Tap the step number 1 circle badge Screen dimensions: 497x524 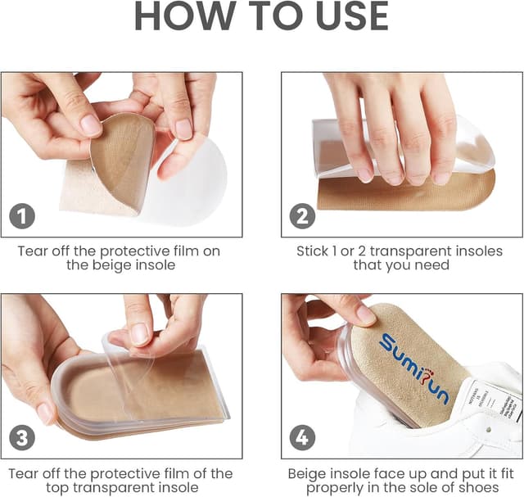[x=21, y=216]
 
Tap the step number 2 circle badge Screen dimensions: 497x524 [x=301, y=216]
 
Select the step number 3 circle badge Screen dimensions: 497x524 [x=21, y=437]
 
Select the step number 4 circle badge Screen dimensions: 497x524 [x=301, y=437]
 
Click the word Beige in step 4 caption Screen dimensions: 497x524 [x=307, y=473]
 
